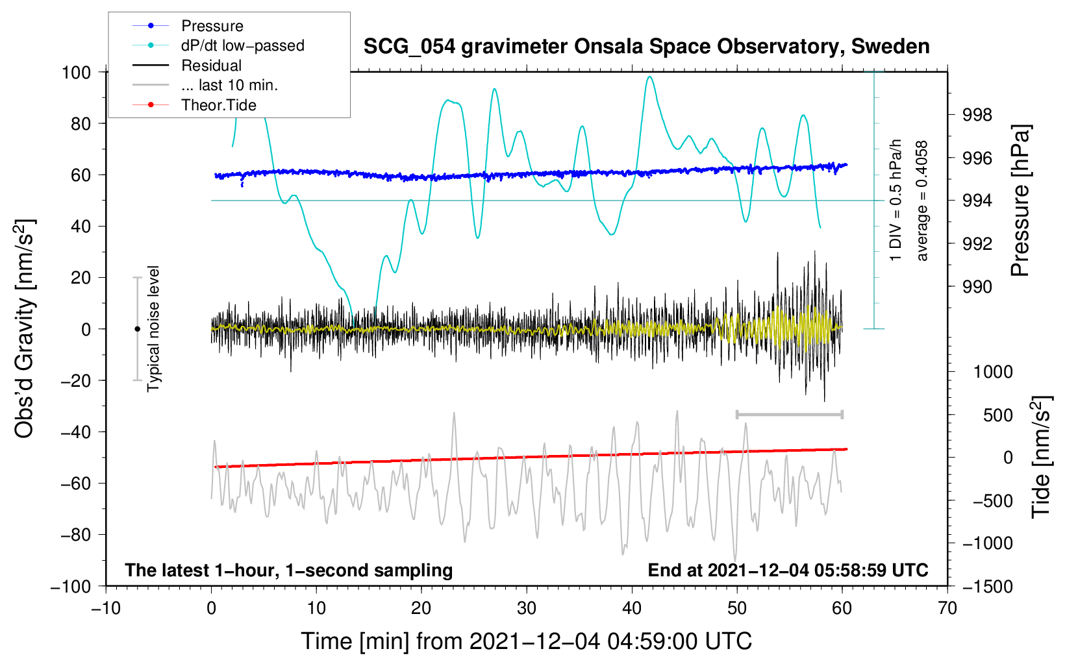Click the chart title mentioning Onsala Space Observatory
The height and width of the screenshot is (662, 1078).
click(646, 47)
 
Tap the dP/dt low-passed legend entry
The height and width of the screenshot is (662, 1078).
click(218, 45)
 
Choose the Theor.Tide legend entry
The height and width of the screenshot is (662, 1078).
click(194, 105)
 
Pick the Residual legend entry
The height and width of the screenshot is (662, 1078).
click(187, 66)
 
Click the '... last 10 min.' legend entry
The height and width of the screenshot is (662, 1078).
click(205, 85)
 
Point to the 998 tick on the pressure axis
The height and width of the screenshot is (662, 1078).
click(977, 115)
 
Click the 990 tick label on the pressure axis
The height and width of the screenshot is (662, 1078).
click(977, 288)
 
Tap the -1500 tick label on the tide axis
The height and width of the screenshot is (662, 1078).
click(988, 587)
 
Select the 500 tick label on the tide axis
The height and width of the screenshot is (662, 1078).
click(997, 415)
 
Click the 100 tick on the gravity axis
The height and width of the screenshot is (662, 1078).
click(77, 73)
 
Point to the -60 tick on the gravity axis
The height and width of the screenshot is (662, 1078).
click(75, 484)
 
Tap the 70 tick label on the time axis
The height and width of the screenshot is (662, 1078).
click(947, 608)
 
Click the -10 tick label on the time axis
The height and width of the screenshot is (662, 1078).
click(106, 608)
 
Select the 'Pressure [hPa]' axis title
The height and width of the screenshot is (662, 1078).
click(1020, 201)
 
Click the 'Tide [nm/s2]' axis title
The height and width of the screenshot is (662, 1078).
click(1041, 457)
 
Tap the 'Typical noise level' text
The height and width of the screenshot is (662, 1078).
click(153, 328)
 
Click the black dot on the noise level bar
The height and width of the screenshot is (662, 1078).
click(137, 329)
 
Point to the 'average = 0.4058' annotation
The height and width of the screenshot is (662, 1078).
click(921, 201)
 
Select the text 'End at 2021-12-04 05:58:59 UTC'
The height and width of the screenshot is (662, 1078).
click(788, 570)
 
